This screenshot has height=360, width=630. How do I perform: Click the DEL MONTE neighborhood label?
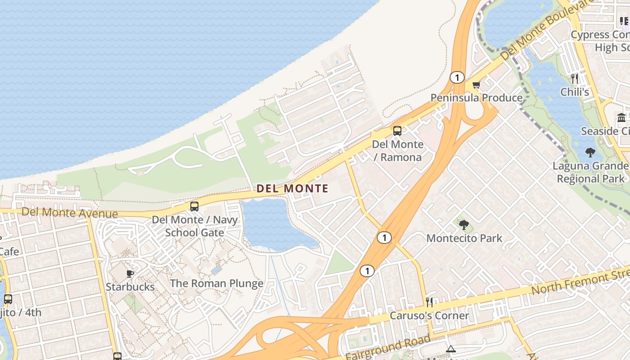[292, 189]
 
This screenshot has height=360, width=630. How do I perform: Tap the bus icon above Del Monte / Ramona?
[397, 131]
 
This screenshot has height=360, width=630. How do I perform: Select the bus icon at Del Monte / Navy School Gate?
[194, 207]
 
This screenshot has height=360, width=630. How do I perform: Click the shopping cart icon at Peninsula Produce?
[476, 85]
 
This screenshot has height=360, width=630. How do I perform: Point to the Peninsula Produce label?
[477, 98]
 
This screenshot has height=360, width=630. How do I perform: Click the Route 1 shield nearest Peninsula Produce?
[457, 77]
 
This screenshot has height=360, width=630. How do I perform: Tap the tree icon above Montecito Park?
[464, 225]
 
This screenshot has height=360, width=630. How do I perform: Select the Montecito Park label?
[464, 238]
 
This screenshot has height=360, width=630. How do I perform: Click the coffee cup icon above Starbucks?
[130, 274]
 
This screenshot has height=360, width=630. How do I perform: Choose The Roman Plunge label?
[216, 283]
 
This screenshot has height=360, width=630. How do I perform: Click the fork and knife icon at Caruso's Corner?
[429, 302]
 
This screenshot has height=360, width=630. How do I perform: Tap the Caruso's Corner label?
[429, 315]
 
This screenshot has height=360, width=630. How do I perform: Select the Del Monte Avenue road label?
[70, 212]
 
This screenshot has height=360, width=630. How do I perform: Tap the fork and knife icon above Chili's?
[575, 79]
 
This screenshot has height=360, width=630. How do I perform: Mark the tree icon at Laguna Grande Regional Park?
[590, 153]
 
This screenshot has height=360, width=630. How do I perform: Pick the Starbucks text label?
[130, 287]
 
